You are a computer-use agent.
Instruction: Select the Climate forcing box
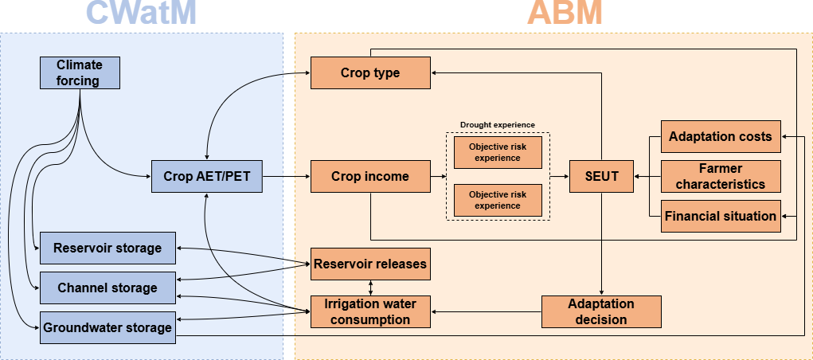point(80,72)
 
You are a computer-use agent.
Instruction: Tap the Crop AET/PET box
point(206,176)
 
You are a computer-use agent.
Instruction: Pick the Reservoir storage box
point(107,248)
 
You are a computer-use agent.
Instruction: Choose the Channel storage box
point(107,288)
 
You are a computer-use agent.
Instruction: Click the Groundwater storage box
point(107,327)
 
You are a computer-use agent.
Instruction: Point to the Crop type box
point(370,72)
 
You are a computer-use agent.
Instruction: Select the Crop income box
point(370,176)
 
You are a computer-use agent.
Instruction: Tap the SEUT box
point(601,176)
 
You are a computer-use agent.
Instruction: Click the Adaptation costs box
point(721,136)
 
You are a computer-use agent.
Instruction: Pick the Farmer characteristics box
point(721,176)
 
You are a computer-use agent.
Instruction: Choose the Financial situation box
point(721,216)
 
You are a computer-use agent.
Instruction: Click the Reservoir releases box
point(370,264)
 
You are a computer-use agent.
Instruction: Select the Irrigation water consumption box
point(370,311)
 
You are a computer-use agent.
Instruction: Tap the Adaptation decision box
point(601,311)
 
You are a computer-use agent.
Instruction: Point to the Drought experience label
point(498,125)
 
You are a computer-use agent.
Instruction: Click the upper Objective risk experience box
point(498,152)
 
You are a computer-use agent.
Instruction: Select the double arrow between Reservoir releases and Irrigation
point(370,288)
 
